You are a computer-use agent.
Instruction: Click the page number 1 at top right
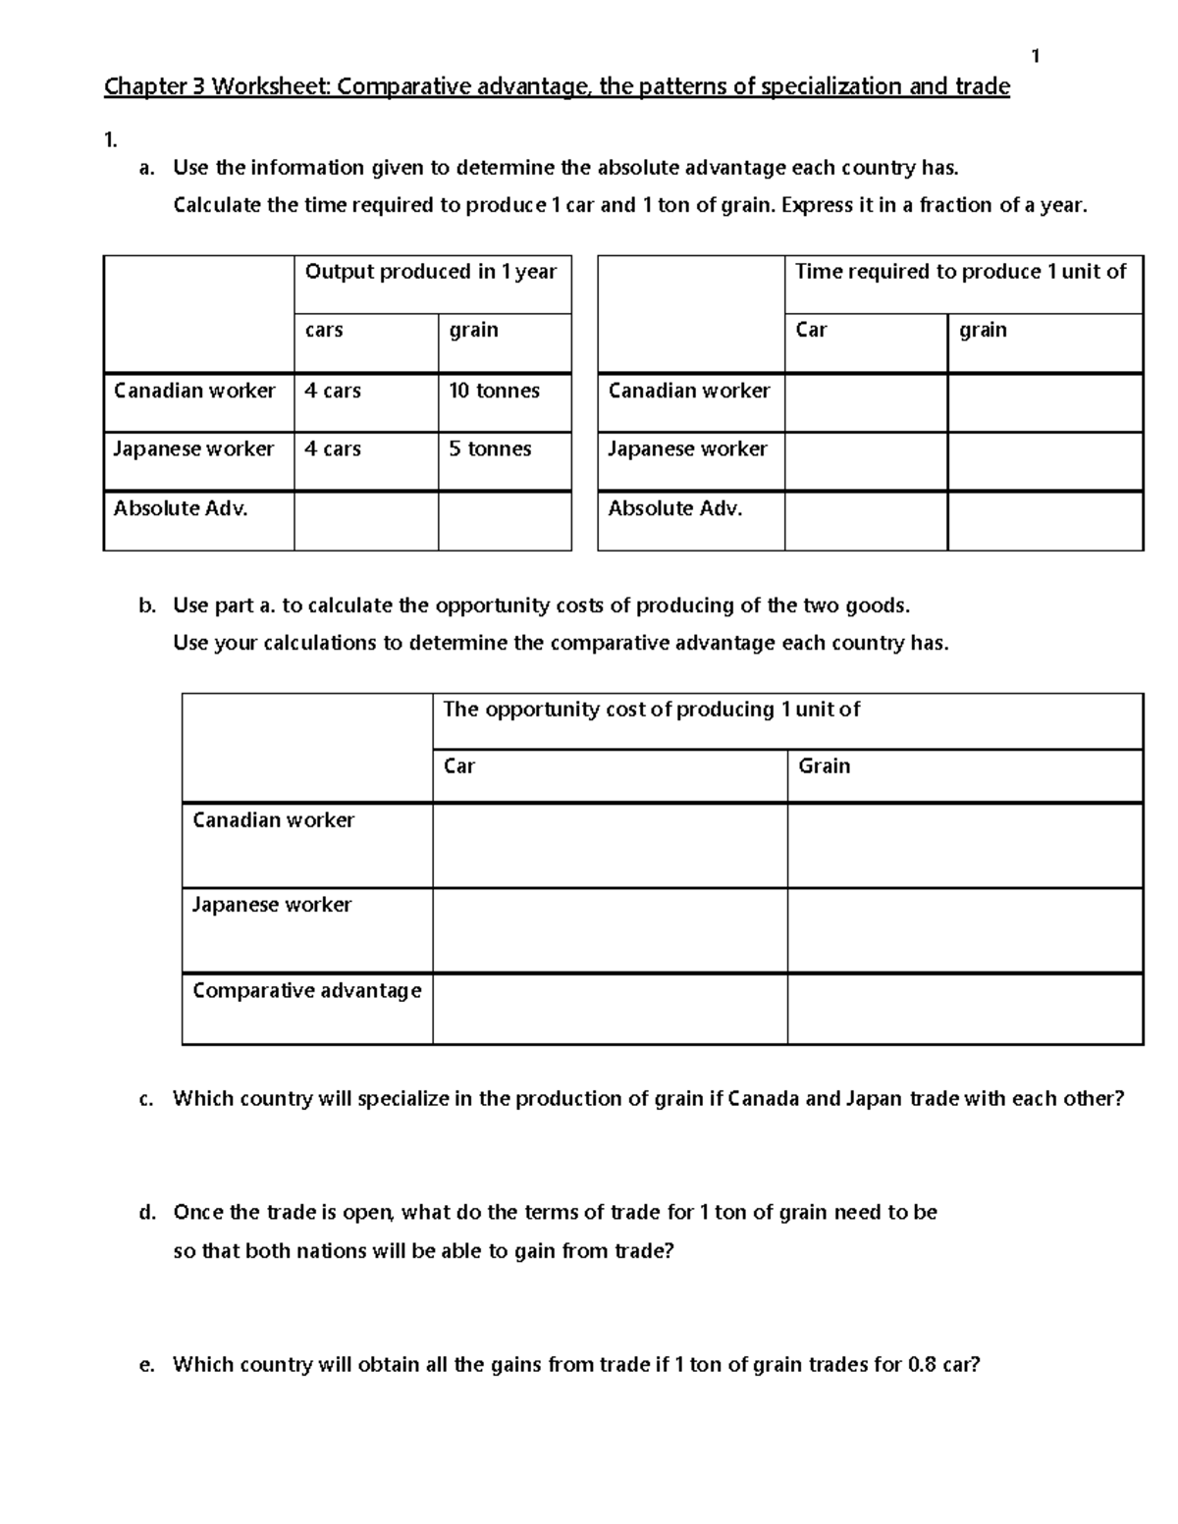click(x=1035, y=57)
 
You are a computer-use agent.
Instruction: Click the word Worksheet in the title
click(x=272, y=87)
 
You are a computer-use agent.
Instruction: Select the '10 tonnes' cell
click(x=494, y=391)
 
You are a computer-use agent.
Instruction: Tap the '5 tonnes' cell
click(x=490, y=449)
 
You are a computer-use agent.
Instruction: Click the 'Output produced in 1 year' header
click(x=430, y=272)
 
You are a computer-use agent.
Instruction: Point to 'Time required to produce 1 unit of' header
click(x=960, y=272)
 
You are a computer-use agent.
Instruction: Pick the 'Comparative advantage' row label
click(x=306, y=990)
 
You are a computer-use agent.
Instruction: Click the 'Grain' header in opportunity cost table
click(x=824, y=766)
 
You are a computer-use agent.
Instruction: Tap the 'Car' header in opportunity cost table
click(x=458, y=766)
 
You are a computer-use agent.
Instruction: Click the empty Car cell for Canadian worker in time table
click(x=865, y=402)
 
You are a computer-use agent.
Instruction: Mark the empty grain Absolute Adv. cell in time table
click(x=1044, y=520)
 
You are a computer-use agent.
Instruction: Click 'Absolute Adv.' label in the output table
click(x=181, y=508)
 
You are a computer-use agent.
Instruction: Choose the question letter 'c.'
click(x=146, y=1099)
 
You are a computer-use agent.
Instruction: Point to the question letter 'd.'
click(x=147, y=1213)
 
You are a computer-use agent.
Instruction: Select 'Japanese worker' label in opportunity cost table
click(x=271, y=905)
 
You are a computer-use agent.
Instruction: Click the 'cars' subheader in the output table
click(x=324, y=331)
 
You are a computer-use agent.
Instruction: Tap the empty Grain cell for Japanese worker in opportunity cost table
click(x=964, y=930)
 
